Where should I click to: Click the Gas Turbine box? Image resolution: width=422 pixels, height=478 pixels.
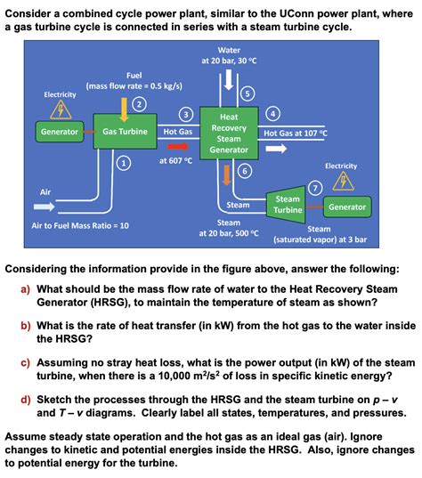pos(125,132)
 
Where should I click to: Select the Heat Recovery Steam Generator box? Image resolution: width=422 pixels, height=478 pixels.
pos(229,133)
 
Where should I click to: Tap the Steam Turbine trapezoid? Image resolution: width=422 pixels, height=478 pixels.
pos(287,205)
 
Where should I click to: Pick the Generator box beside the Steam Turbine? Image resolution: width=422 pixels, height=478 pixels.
pos(346,207)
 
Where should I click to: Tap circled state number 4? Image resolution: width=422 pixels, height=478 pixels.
pos(274,113)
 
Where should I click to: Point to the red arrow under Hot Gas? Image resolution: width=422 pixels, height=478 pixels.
pos(179,146)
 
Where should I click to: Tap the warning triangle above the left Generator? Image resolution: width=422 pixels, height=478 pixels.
pos(61,109)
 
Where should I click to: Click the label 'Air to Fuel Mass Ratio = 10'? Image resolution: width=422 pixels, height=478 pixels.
pos(80,225)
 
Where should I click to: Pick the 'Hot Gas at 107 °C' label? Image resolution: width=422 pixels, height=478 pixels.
pos(296,133)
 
